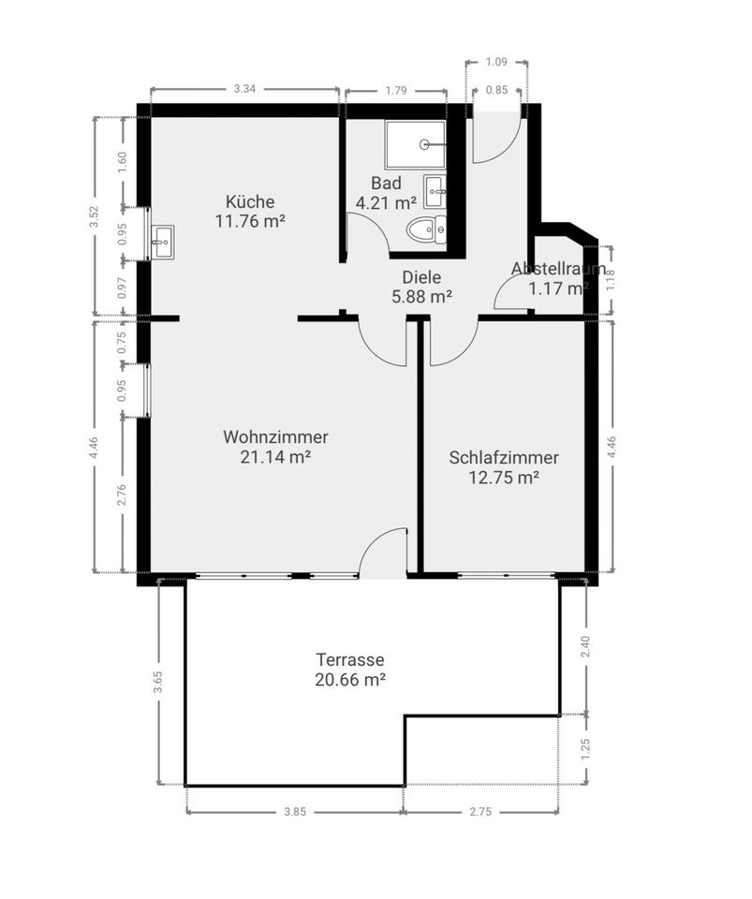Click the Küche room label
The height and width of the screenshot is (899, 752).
tap(250, 202)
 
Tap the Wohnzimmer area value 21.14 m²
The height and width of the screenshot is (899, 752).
tap(275, 457)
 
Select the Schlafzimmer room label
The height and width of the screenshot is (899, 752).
tap(504, 458)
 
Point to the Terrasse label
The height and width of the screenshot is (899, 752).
tap(349, 660)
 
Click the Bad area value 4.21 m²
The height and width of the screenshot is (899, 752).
tap(386, 203)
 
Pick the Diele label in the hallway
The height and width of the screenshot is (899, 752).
tap(421, 277)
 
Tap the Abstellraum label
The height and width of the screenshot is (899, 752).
tap(559, 269)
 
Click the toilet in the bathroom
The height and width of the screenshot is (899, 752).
tap(426, 230)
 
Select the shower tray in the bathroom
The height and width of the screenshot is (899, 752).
tap(416, 144)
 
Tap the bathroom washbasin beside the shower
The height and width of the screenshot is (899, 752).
tap(435, 192)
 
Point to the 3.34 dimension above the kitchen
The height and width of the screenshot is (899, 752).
tap(244, 89)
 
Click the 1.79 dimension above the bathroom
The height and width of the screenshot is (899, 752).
tap(396, 91)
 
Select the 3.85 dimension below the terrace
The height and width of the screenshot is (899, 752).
tap(295, 812)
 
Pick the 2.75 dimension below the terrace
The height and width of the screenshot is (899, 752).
tap(481, 812)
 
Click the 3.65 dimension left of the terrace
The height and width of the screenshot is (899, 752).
tap(158, 682)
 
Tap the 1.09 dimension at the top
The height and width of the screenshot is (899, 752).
tap(496, 62)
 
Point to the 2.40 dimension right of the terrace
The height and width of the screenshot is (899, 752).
tap(585, 647)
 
